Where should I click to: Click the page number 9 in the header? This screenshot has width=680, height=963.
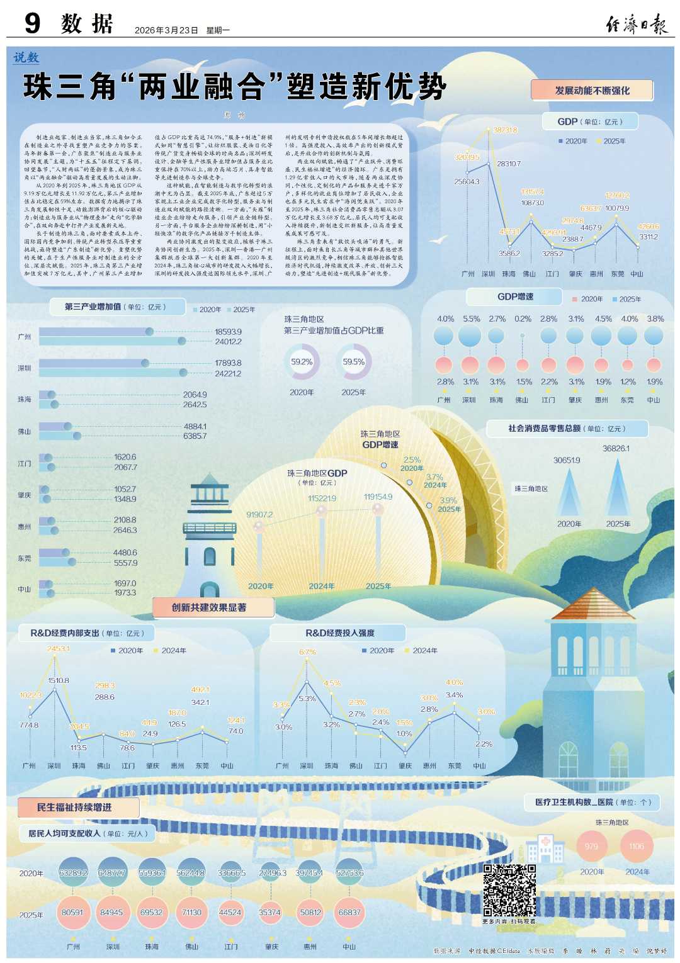pyautogui.click(x=32, y=23)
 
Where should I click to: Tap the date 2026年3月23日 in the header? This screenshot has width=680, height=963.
pyautogui.click(x=167, y=30)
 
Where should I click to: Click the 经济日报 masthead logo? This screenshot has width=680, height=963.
pyautogui.click(x=636, y=25)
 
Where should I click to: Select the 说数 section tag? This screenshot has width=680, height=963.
pyautogui.click(x=26, y=57)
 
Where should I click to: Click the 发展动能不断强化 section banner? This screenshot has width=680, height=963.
pyautogui.click(x=592, y=91)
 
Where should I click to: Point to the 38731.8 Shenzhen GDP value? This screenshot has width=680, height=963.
pyautogui.click(x=505, y=130)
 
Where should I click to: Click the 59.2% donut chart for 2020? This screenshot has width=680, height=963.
pyautogui.click(x=302, y=362)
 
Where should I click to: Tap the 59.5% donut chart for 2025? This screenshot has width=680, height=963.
pyautogui.click(x=354, y=362)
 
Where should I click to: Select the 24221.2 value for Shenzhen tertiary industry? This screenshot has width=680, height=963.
pyautogui.click(x=228, y=374)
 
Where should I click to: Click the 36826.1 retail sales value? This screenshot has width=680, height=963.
pyautogui.click(x=616, y=449)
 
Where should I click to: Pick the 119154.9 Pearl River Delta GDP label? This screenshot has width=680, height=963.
pyautogui.click(x=378, y=497)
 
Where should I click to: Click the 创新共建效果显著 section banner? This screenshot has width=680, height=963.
pyautogui.click(x=209, y=607)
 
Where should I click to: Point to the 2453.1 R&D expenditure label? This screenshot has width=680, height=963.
pyautogui.click(x=58, y=649)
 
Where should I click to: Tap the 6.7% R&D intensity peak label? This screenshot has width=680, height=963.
pyautogui.click(x=307, y=652)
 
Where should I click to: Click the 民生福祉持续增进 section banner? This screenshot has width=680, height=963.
pyautogui.click(x=74, y=808)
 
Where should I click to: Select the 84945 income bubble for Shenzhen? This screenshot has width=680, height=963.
pyautogui.click(x=111, y=912)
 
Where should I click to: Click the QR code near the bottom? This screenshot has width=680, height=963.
pyautogui.click(x=509, y=890)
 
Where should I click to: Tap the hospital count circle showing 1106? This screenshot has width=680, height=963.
pyautogui.click(x=637, y=847)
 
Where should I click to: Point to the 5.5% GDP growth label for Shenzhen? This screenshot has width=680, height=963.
pyautogui.click(x=471, y=319)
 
